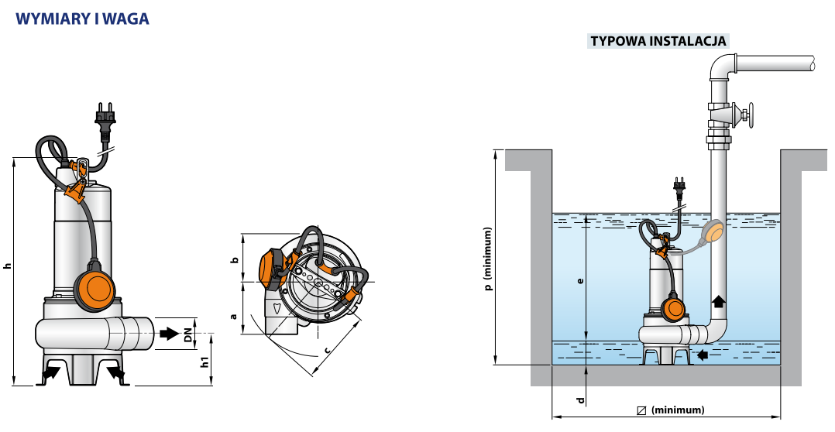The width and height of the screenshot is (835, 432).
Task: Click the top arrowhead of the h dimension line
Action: click(x=14, y=158)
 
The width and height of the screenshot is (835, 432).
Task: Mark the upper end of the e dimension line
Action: click(x=586, y=214)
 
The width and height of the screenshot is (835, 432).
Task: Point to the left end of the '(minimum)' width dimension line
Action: click(x=553, y=417)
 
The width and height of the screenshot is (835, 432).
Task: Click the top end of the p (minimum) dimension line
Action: click(x=497, y=150)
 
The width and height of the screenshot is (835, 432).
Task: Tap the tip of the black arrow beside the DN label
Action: click(x=180, y=334)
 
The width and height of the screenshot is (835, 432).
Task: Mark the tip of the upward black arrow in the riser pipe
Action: click(x=718, y=296)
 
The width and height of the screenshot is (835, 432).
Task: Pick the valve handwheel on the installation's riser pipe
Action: click(x=749, y=116)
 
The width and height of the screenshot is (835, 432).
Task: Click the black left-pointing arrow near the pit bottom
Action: click(x=703, y=355)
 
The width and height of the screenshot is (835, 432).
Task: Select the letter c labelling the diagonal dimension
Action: click(x=326, y=349)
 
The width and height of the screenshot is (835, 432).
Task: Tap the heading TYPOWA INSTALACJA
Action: click(x=658, y=41)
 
